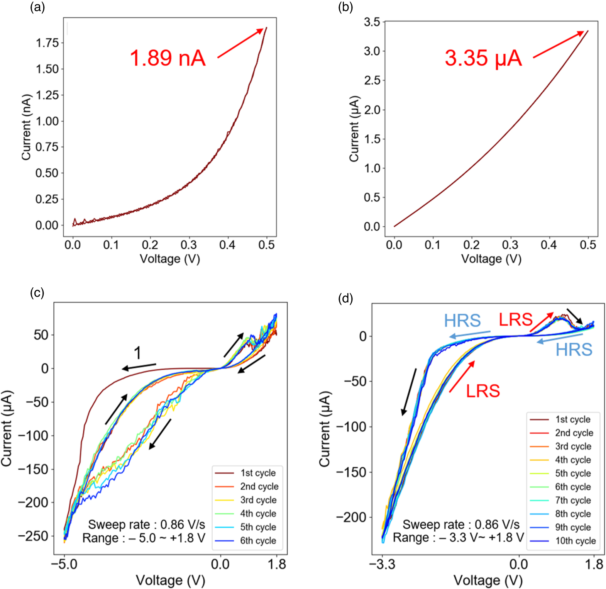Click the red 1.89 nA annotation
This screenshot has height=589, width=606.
tap(167, 58)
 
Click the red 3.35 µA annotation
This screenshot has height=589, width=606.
tap(483, 58)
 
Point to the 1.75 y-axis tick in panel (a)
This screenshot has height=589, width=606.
tap(47, 43)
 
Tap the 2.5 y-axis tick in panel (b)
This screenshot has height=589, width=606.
tap(372, 80)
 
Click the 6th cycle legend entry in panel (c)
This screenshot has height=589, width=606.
tap(258, 540)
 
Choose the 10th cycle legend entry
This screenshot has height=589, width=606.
tap(575, 541)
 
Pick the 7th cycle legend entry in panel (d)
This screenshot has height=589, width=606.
tap(573, 500)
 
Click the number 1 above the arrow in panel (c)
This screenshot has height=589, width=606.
tap(137, 353)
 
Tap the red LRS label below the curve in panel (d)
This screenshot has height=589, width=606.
tap(482, 391)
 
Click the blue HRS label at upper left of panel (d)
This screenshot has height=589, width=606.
tap(462, 320)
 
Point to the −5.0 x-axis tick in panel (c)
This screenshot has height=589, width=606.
tap(64, 564)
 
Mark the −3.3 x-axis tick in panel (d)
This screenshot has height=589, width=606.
tap(382, 564)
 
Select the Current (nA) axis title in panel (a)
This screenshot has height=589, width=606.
tap(26, 127)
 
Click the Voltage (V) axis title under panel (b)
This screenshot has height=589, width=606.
tap(491, 258)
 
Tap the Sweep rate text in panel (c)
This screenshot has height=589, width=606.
tap(146, 524)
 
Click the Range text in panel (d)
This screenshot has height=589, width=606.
tap(458, 537)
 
